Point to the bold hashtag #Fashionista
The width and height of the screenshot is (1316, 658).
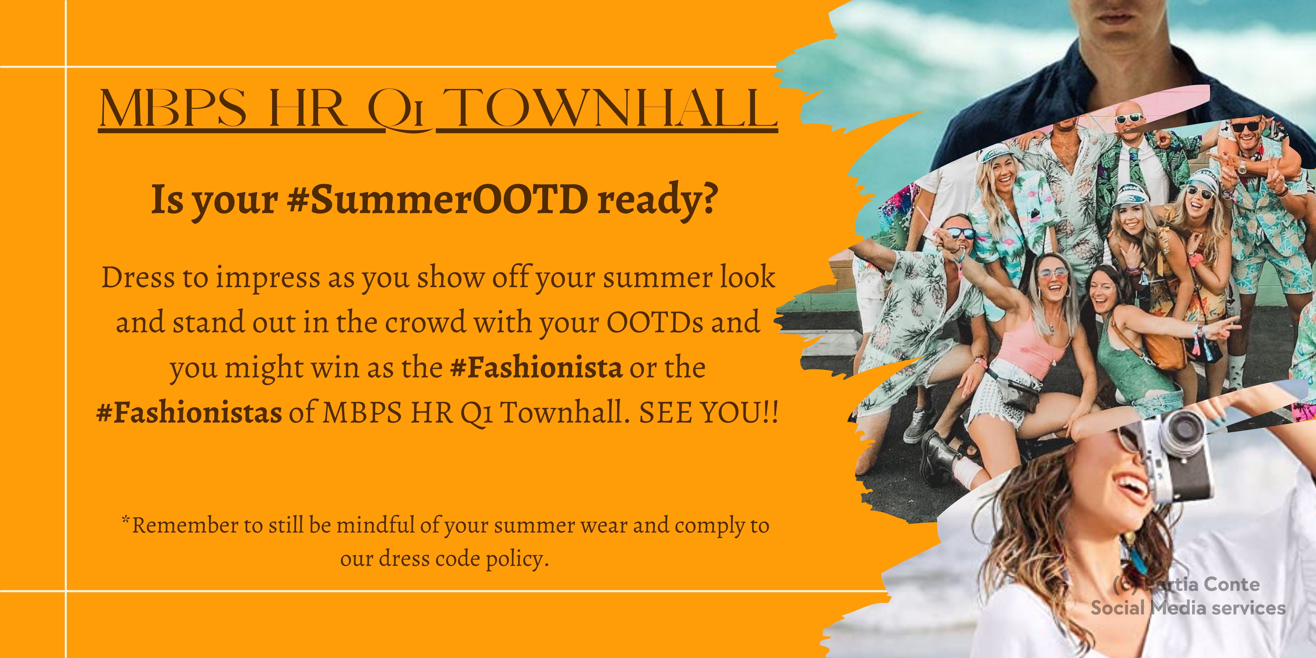(x=536, y=367)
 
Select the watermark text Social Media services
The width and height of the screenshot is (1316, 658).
(x=1188, y=608)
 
